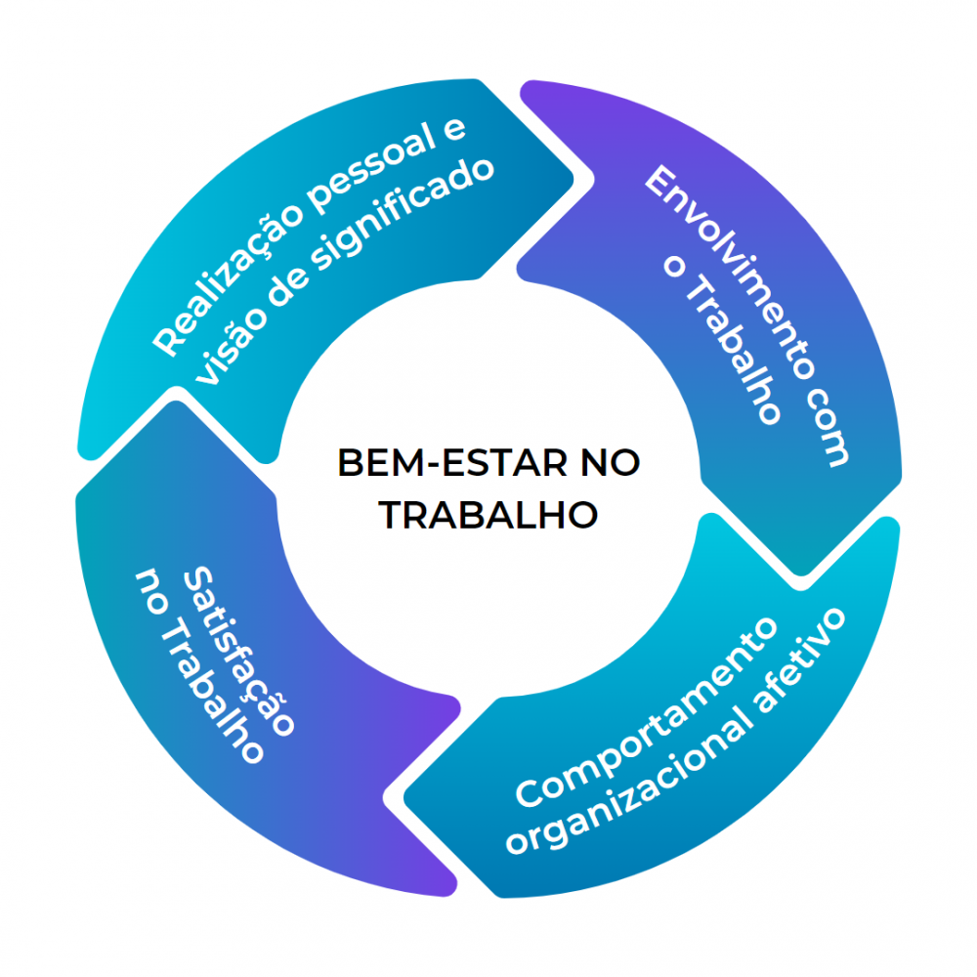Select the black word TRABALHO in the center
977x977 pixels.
click(x=488, y=515)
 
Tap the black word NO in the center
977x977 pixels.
click(x=606, y=464)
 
